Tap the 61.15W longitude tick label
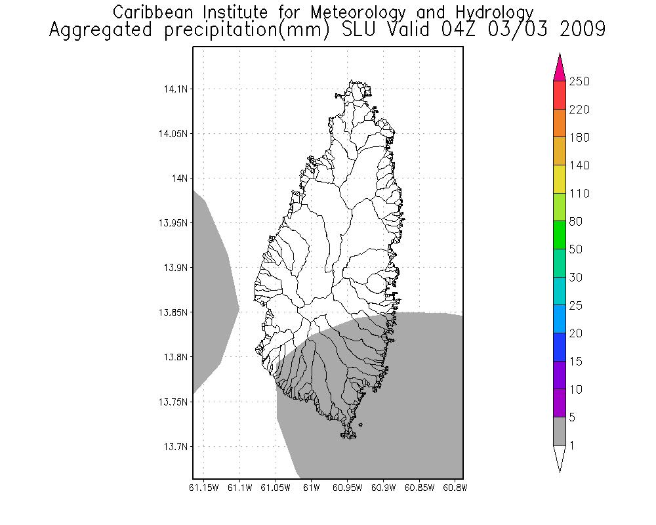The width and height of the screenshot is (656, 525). coord(203,488)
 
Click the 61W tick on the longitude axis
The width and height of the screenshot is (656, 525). coord(312,488)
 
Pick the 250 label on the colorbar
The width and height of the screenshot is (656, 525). coord(579,81)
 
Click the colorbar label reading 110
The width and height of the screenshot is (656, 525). coord(579,194)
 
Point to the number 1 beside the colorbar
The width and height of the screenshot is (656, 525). coord(572,446)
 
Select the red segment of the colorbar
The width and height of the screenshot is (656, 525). coord(560,95)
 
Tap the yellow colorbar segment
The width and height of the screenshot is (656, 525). coord(560,179)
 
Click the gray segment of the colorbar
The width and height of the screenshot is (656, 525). coord(560,431)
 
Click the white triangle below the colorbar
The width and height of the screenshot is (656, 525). coord(560,457)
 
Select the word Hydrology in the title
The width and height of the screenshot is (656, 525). coord(491,12)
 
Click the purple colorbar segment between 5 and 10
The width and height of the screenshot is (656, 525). coord(560,403)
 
